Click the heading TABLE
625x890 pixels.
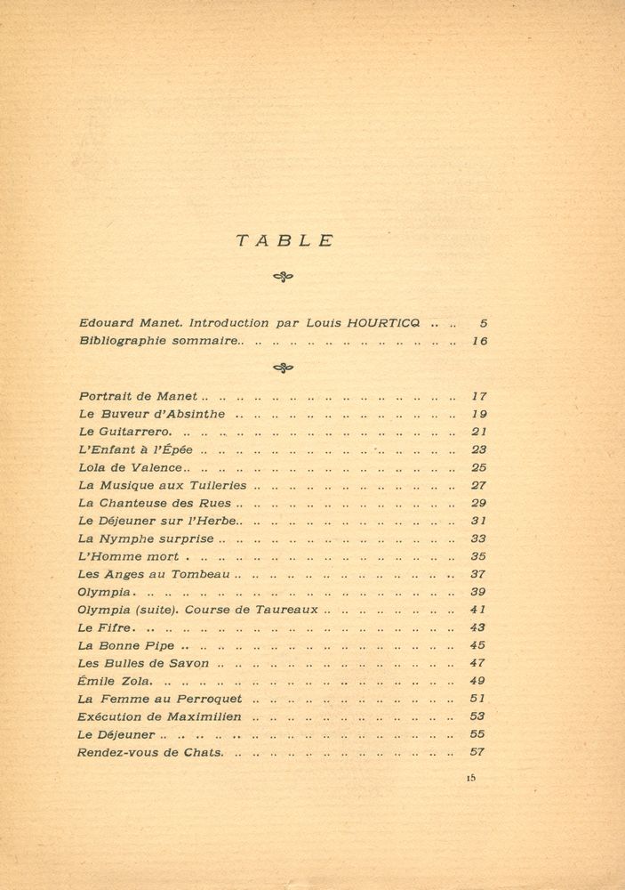pos(284,240)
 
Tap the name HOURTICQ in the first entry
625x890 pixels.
pos(389,323)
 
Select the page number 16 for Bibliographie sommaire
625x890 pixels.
pos(479,341)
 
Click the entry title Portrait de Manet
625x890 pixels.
pos(139,396)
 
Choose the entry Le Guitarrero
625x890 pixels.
pos(124,432)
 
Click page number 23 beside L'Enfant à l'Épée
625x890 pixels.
pos(478,449)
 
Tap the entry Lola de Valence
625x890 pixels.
pos(130,467)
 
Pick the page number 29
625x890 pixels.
pos(478,503)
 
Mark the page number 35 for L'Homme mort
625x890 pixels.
pos(478,556)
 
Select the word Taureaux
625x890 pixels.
pos(290,610)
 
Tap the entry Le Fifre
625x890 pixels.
pos(104,627)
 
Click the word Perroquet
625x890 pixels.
pos(210,699)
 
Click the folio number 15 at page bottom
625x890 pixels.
pos(470,777)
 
